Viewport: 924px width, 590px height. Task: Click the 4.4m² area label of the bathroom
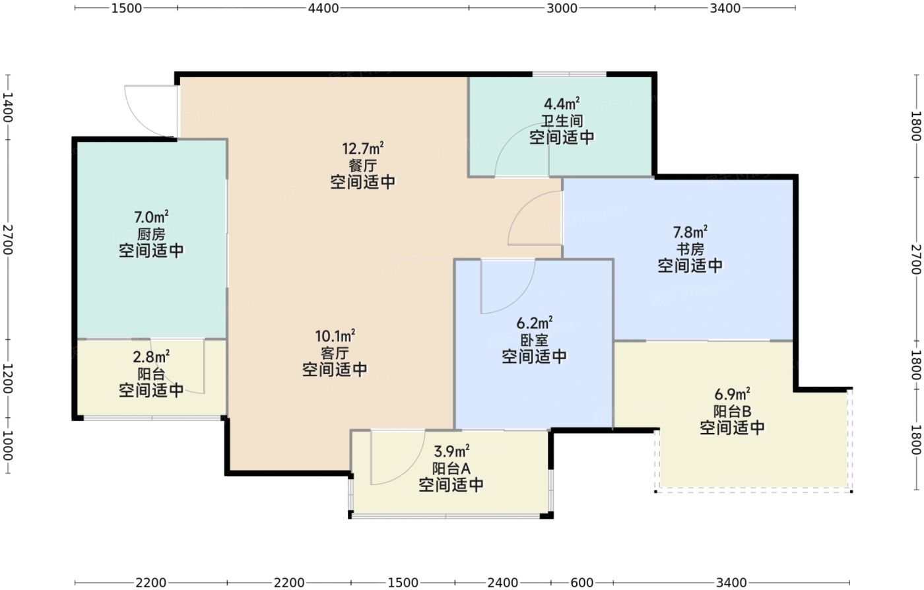(x=562, y=104)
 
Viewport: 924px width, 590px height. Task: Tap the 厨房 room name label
(x=151, y=234)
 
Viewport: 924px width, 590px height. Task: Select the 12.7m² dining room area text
(x=363, y=148)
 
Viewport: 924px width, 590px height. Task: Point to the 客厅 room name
(x=335, y=353)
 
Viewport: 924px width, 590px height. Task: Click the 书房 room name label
(x=690, y=249)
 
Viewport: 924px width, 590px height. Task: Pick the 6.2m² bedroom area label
(x=535, y=323)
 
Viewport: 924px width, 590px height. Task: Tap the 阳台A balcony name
(x=451, y=469)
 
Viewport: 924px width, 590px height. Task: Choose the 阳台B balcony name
(x=732, y=411)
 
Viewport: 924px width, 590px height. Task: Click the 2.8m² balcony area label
(x=151, y=357)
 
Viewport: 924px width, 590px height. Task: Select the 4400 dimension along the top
(x=323, y=9)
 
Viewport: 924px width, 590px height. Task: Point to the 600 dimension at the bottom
(x=581, y=583)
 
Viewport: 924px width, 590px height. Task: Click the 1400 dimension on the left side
(x=7, y=108)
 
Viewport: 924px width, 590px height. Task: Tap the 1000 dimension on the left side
(x=7, y=445)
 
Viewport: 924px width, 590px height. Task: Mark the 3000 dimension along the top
(x=562, y=9)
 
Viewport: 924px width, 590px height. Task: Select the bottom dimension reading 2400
(x=503, y=583)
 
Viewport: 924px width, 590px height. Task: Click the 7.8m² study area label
(x=690, y=232)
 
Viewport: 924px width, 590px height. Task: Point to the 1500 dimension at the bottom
(x=403, y=583)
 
